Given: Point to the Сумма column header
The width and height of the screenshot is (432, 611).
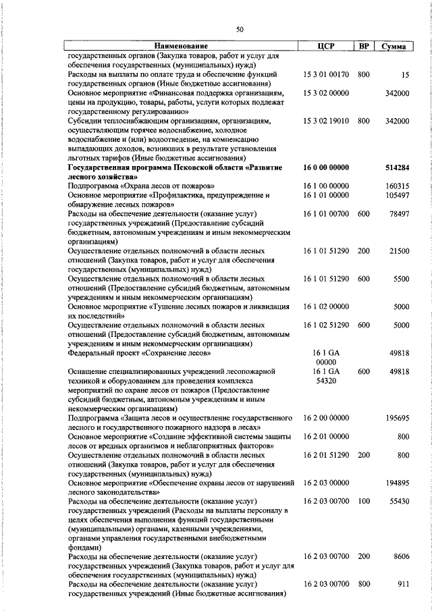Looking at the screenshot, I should (394, 47).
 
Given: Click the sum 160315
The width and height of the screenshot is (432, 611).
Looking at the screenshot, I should (397, 186).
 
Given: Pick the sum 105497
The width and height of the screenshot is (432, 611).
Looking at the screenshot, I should (397, 195).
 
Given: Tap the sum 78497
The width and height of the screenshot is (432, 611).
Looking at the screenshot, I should (398, 213).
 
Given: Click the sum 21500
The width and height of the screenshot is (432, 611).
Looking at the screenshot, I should (399, 250).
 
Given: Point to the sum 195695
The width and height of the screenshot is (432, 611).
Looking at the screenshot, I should (397, 418).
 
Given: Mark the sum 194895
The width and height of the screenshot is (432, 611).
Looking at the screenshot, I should (397, 483).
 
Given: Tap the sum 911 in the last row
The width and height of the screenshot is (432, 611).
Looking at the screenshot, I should (403, 584).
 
